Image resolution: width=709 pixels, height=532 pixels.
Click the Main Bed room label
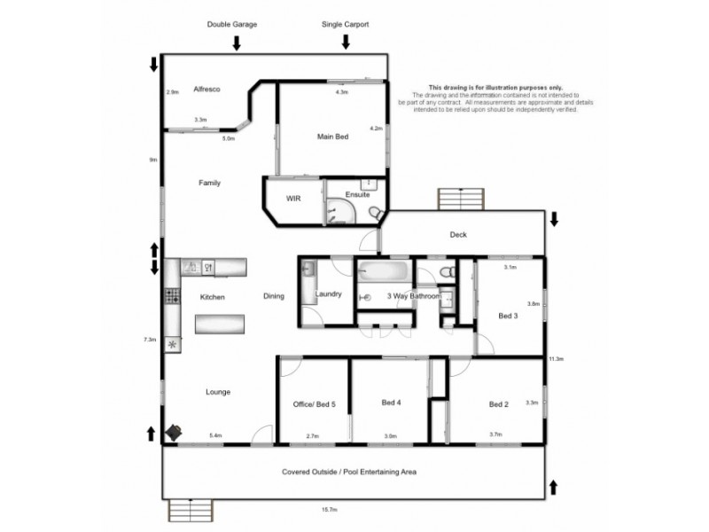333,137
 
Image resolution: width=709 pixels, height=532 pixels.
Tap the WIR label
293,199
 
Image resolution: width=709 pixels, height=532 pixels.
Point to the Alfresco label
206,90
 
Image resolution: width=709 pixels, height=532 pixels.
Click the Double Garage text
232,25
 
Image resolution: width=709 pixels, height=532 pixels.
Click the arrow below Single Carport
346,39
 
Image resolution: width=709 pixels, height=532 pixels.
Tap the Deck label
457,235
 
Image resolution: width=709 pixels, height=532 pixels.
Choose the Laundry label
328,294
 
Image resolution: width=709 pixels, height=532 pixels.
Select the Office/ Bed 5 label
315,404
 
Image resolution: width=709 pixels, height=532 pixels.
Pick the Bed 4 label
392,403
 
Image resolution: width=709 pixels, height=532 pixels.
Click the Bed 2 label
499,404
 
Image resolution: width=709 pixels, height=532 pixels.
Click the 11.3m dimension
556,359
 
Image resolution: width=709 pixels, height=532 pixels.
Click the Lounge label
218,391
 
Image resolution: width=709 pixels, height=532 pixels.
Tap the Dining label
274,296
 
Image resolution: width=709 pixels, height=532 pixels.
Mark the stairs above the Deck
461,199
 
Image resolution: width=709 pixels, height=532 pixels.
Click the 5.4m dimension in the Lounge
215,435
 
